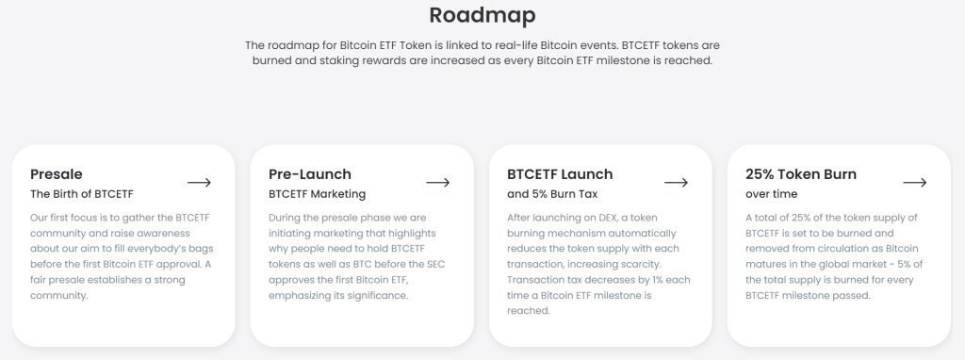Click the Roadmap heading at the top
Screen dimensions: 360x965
[482, 16]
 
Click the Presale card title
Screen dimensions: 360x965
[57, 174]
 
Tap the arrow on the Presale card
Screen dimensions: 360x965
[199, 182]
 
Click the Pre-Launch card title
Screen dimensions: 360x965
[310, 174]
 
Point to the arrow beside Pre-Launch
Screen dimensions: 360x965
[438, 182]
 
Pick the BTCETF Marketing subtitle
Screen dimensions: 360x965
[317, 195]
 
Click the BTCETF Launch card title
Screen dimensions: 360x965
[560, 174]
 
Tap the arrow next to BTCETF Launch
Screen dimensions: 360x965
[677, 182]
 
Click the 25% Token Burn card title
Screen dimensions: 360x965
[801, 174]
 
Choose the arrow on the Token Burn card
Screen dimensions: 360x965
[915, 182]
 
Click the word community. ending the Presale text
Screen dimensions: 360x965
[58, 295]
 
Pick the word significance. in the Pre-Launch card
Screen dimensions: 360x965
[378, 295]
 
